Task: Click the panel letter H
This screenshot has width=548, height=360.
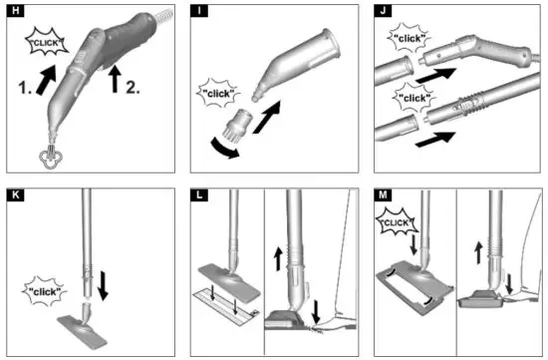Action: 13,13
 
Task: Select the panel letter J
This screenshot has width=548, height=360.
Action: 385,13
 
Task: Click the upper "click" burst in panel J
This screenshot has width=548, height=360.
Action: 408,41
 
